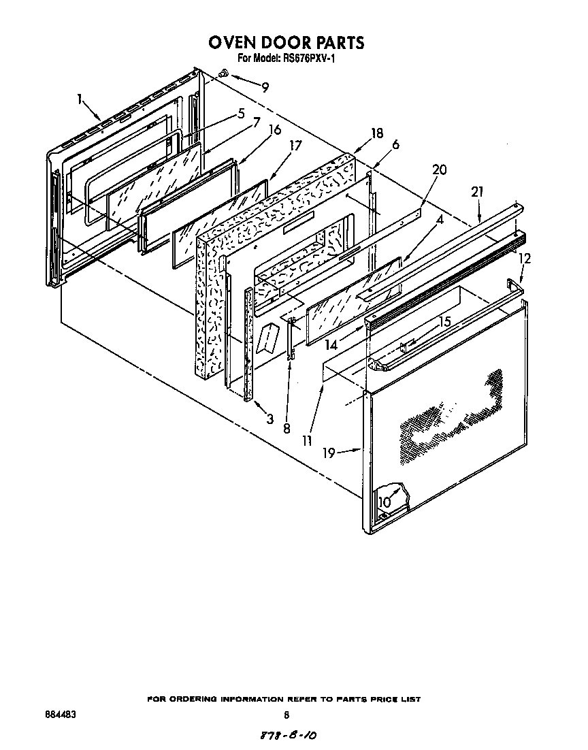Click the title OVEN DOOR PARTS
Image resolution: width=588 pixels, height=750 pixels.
pyautogui.click(x=286, y=43)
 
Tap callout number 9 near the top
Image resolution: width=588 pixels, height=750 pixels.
pyautogui.click(x=265, y=87)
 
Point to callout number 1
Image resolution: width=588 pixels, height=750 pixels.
pyautogui.click(x=80, y=100)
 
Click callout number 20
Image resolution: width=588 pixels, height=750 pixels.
pyautogui.click(x=440, y=169)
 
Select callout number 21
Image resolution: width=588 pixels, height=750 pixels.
pyautogui.click(x=477, y=193)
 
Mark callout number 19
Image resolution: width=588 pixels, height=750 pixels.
pyautogui.click(x=329, y=453)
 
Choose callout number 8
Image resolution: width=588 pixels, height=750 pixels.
pyautogui.click(x=287, y=429)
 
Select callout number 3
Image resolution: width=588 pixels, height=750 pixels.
pyautogui.click(x=269, y=419)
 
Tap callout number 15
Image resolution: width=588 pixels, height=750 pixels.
pyautogui.click(x=444, y=322)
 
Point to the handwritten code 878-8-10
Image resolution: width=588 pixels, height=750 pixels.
pyautogui.click(x=289, y=736)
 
